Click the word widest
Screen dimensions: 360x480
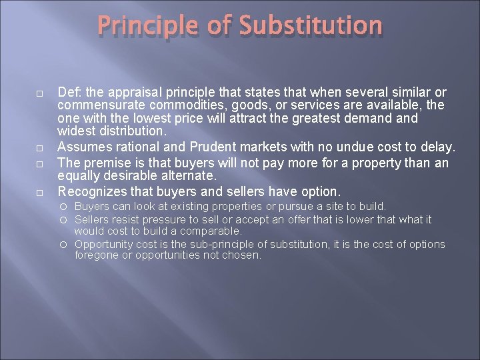pyautogui.click(x=76, y=132)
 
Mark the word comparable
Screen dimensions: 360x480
pyautogui.click(x=211, y=231)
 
